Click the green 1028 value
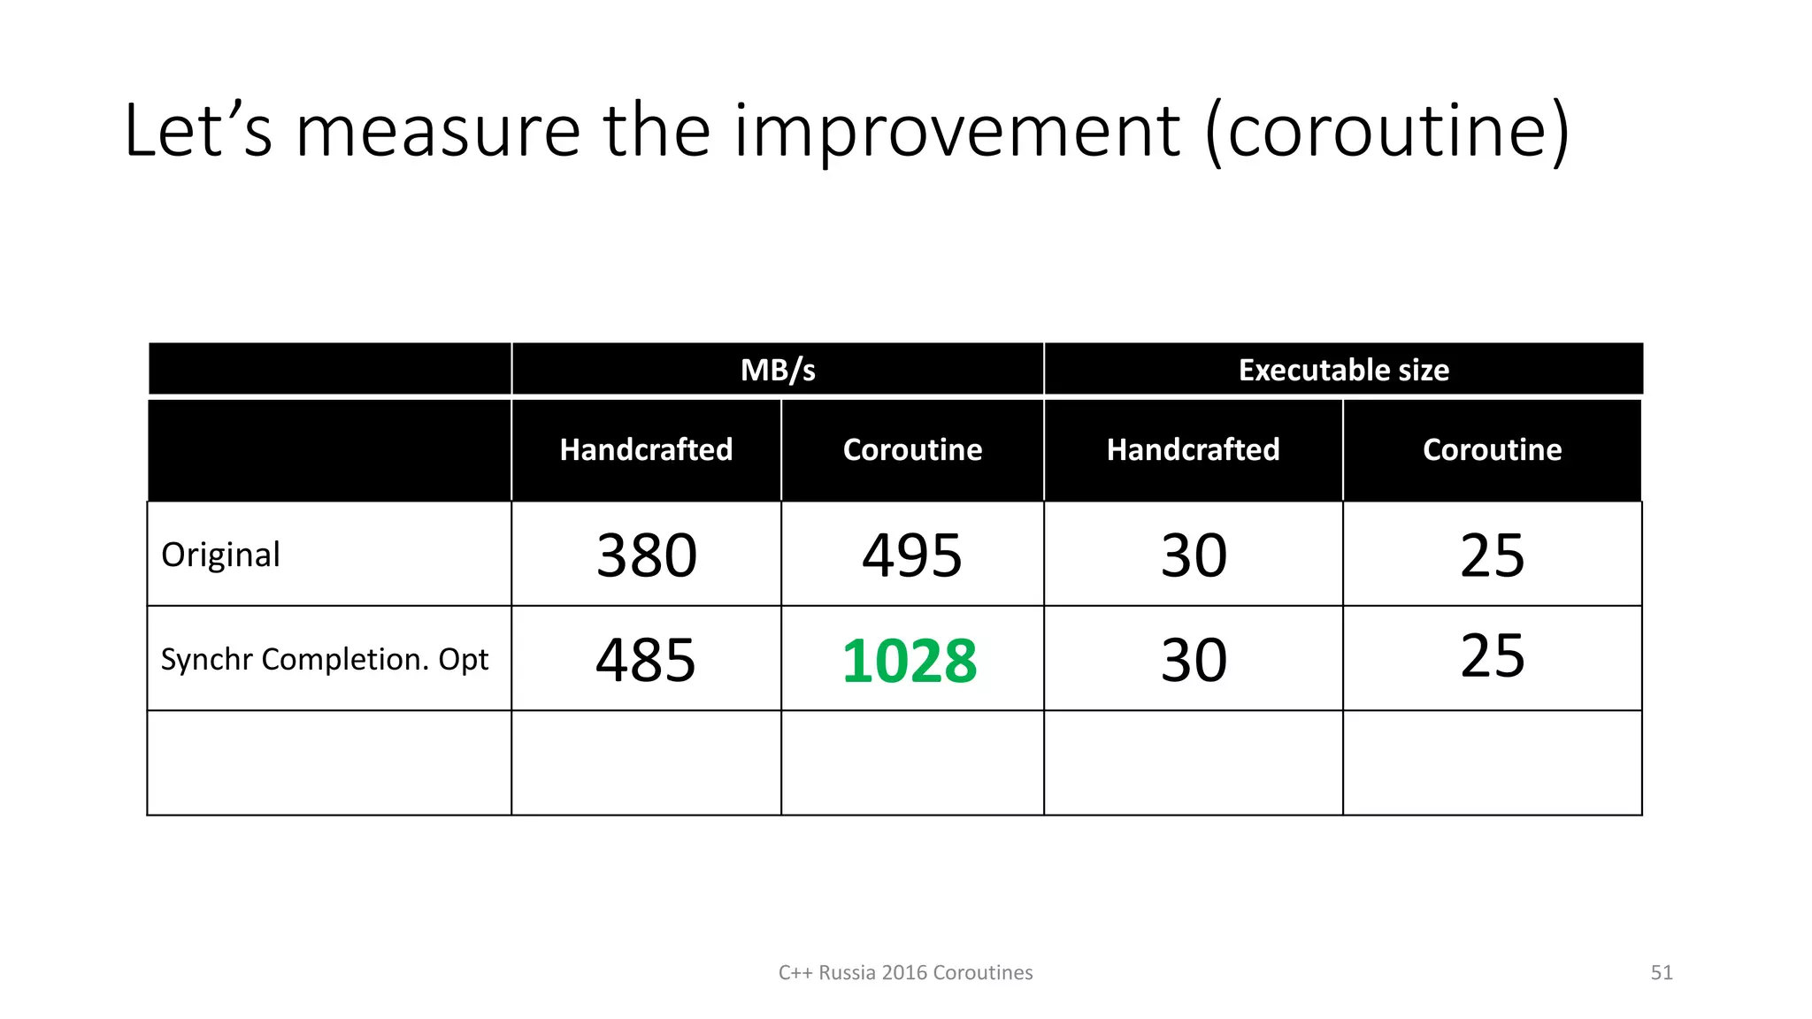(910, 661)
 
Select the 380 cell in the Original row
(647, 555)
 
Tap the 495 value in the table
(912, 555)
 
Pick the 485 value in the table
(646, 660)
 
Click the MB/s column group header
(778, 370)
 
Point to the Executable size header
(1343, 370)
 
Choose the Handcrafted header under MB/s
(646, 449)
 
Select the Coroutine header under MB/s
(912, 449)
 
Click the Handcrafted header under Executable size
(1193, 449)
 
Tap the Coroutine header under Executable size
(1492, 449)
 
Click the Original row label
(220, 555)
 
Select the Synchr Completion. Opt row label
(325, 659)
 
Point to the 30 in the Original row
(1194, 555)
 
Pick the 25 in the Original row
(1493, 555)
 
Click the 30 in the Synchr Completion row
(1194, 660)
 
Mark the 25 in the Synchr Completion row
(1493, 655)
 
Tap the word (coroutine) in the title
(1387, 131)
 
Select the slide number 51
(1662, 973)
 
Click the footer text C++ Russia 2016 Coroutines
(905, 973)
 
